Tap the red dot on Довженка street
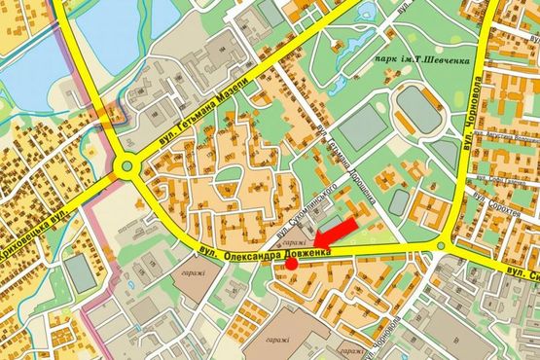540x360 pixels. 291,263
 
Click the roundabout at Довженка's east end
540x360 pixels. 440,245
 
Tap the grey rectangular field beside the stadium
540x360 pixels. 361,126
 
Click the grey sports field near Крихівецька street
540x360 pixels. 84,273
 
